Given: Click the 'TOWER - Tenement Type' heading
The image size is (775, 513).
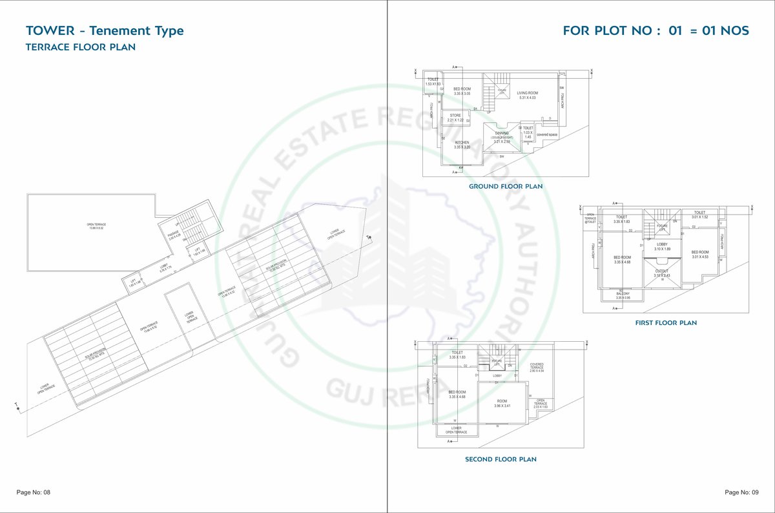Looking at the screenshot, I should click(105, 30).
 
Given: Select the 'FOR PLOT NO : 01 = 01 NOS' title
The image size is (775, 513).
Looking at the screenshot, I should click(656, 30).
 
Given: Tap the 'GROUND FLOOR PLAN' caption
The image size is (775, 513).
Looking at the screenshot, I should click(506, 186).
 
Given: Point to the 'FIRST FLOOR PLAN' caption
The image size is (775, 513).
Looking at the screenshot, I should click(666, 322).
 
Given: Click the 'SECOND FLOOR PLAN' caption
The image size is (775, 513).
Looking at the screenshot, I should click(501, 459).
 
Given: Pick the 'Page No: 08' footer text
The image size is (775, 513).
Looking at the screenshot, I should click(33, 492).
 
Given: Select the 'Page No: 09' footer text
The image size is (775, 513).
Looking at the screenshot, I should click(741, 492).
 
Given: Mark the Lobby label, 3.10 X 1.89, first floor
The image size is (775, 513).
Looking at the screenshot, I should click(662, 246).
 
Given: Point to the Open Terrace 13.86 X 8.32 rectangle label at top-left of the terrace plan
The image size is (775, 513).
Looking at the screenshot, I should click(95, 226).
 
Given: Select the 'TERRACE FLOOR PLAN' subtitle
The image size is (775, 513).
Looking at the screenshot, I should click(80, 47).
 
